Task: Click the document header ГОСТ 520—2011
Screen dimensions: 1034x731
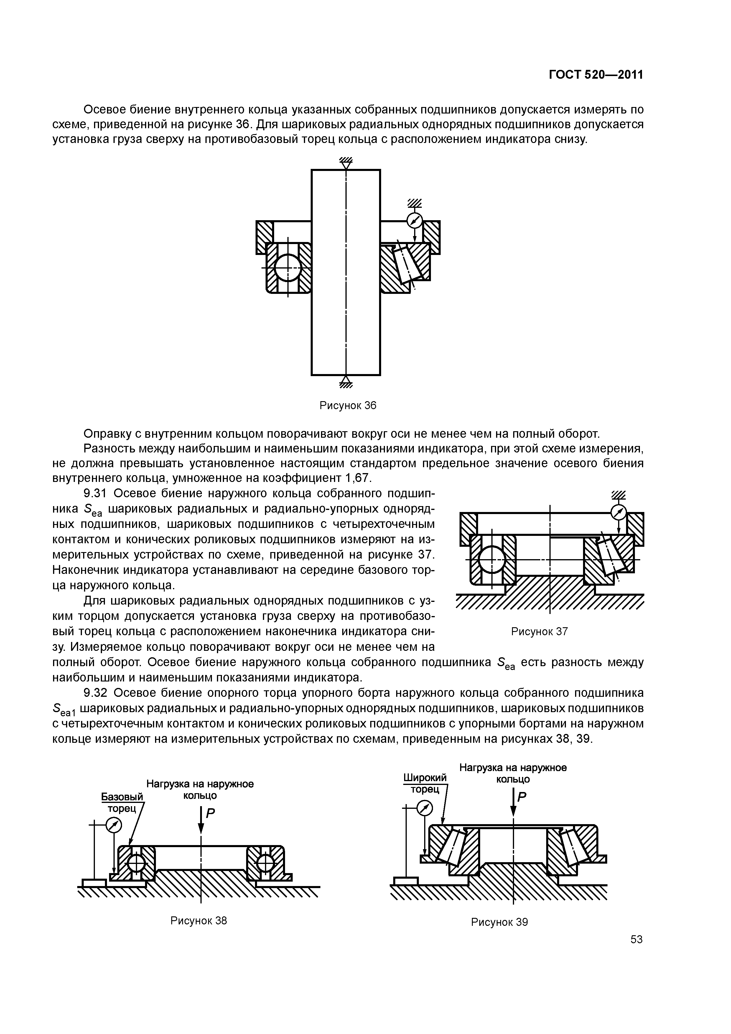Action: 595,75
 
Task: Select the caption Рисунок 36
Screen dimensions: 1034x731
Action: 347,405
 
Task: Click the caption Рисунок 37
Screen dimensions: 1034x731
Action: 539,631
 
